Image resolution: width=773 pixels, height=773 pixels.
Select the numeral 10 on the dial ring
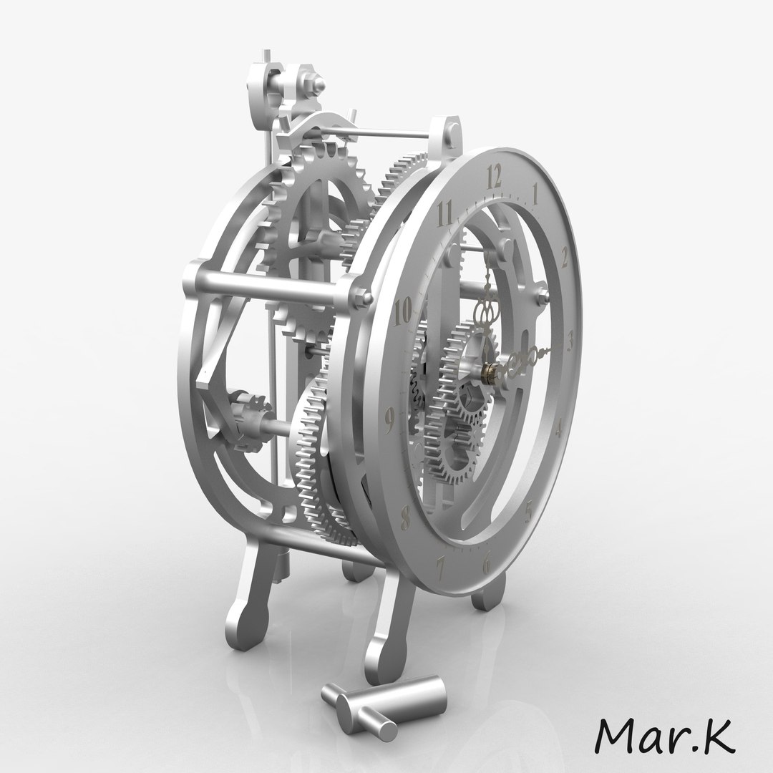click(x=403, y=311)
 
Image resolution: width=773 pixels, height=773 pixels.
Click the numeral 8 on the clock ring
click(x=406, y=512)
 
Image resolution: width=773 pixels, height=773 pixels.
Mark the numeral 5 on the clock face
click(x=529, y=511)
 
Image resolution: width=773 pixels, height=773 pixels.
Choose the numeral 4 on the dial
click(x=559, y=428)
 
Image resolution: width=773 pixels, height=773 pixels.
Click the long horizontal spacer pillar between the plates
click(x=272, y=286)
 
